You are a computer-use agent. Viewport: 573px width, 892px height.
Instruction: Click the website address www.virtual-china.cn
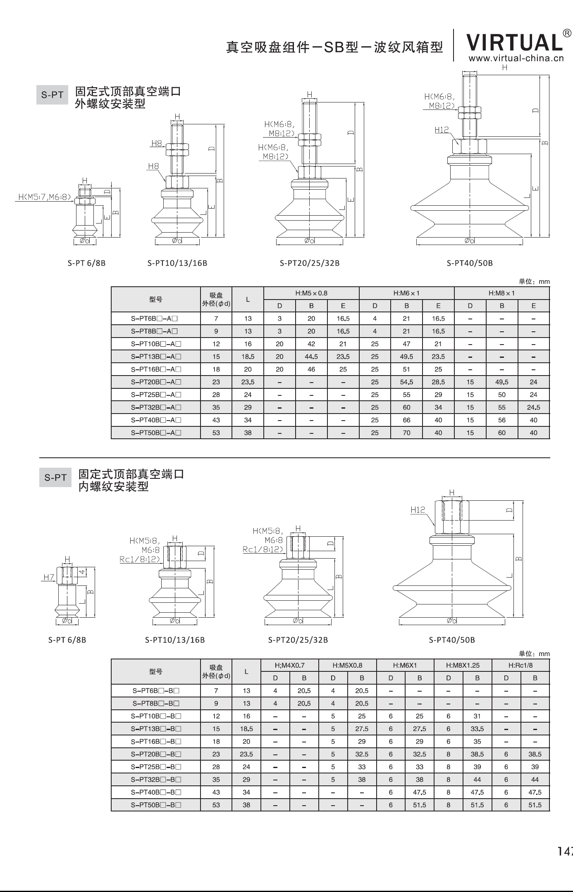coord(516,58)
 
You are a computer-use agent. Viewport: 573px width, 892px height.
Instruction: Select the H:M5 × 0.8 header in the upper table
coord(311,293)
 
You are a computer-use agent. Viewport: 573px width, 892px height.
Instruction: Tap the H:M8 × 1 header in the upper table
coord(501,293)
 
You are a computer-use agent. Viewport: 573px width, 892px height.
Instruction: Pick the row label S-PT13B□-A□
coord(156,357)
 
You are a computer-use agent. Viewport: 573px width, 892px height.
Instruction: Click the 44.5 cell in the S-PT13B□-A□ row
coord(311,357)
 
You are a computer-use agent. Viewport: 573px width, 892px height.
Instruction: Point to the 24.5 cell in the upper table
coord(533,407)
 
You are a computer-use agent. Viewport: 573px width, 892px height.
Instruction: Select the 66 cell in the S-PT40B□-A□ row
coord(406,420)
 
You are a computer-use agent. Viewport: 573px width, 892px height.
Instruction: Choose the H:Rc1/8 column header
coord(520,666)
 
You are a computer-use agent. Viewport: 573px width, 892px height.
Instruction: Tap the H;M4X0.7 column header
coord(289,666)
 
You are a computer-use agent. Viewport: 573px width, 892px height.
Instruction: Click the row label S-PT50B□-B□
coord(156,805)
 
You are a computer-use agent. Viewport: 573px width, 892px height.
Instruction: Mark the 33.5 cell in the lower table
coord(477,729)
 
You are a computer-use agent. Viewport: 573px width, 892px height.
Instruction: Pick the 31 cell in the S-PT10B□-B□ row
coord(477,716)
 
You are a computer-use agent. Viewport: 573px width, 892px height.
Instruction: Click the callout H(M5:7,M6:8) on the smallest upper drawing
coord(45,197)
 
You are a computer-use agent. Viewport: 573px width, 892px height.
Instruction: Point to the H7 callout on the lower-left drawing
coord(48,577)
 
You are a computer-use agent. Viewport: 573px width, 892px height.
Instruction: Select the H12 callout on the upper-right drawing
coord(442,130)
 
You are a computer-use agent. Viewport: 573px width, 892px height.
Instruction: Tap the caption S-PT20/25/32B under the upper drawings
coord(309,263)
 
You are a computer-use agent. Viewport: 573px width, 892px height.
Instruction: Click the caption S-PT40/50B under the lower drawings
coord(451,640)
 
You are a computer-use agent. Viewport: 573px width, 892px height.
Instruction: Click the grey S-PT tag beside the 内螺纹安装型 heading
coord(55,478)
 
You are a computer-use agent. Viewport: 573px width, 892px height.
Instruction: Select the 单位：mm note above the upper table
coord(534,282)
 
